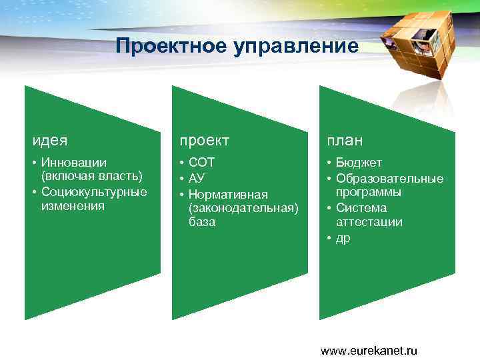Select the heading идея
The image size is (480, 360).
click(x=50, y=141)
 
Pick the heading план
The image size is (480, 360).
click(x=345, y=141)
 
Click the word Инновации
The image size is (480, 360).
click(x=73, y=163)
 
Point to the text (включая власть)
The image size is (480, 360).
click(x=92, y=177)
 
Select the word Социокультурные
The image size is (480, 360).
click(x=94, y=192)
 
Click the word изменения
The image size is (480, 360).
click(x=73, y=206)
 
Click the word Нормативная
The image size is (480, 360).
click(x=228, y=194)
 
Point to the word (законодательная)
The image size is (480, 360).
click(x=243, y=208)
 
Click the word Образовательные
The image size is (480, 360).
click(x=389, y=178)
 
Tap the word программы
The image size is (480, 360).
click(x=368, y=192)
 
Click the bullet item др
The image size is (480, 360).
click(x=343, y=238)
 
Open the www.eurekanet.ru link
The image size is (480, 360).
click(x=369, y=350)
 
